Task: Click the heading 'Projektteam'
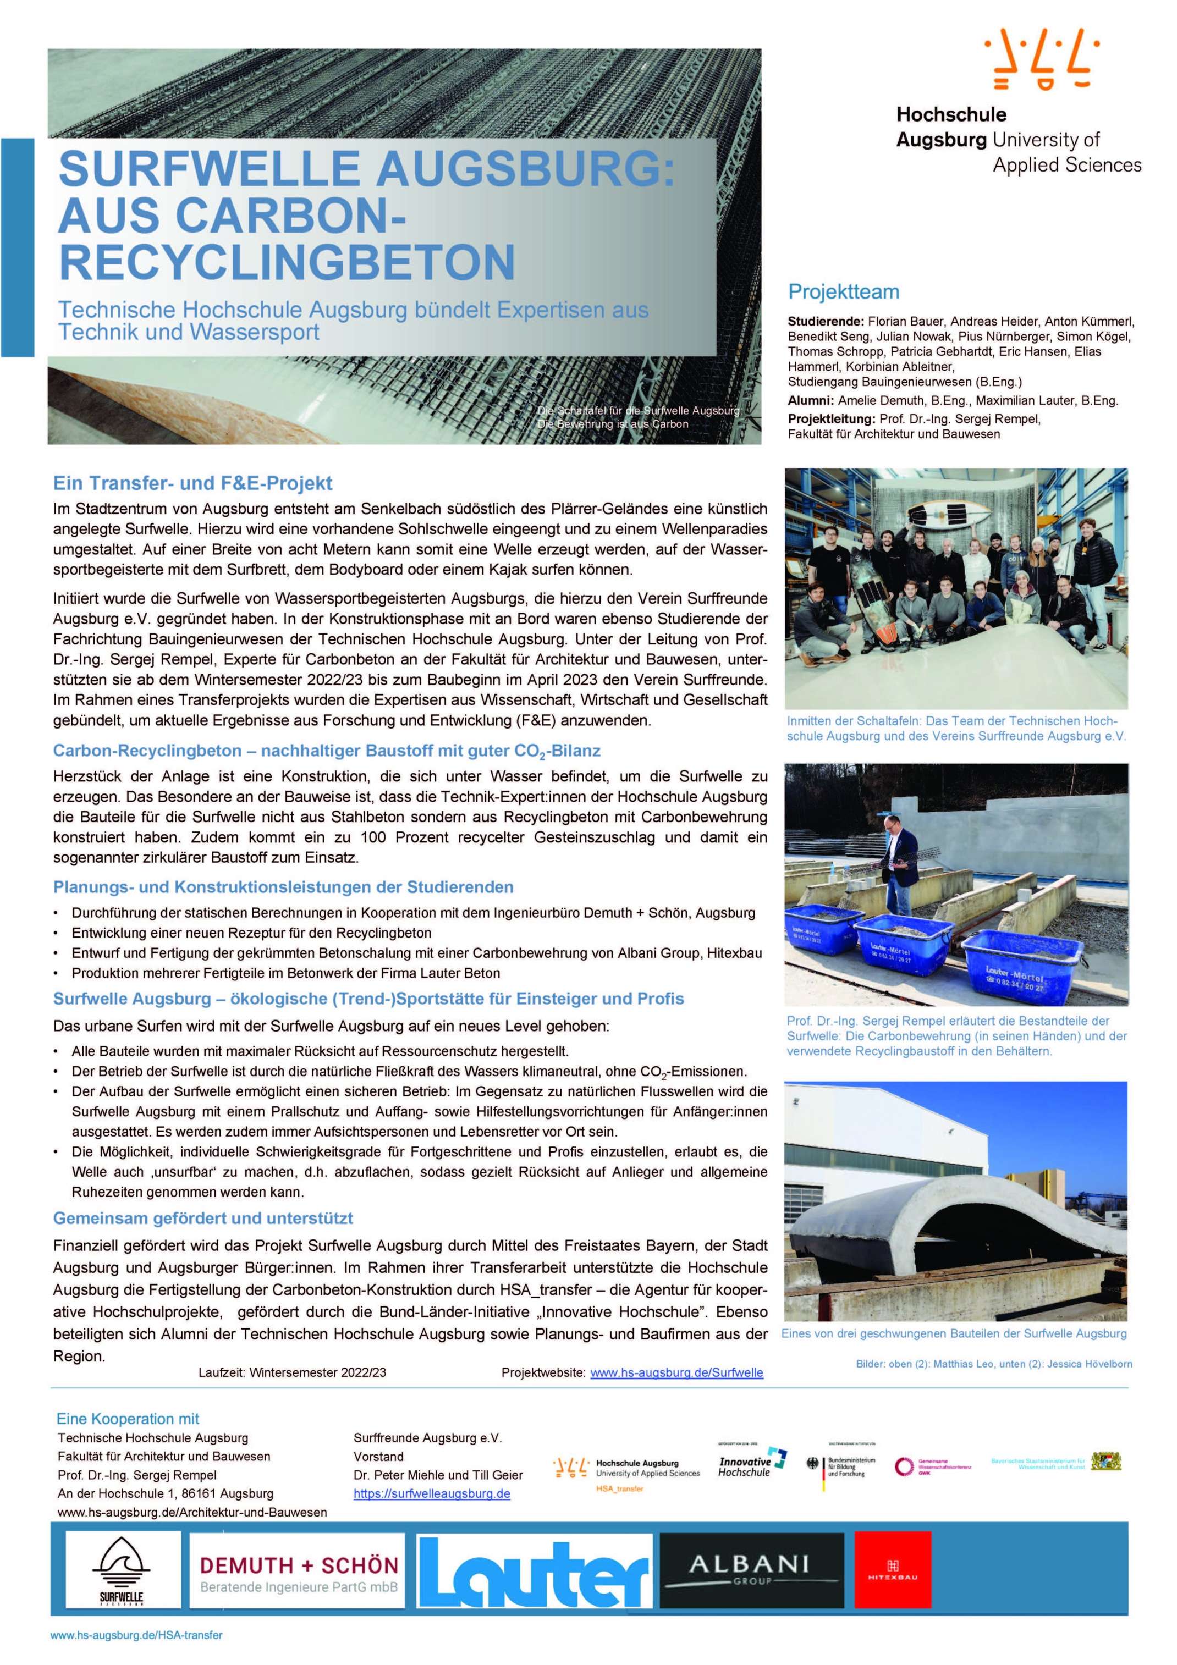(843, 292)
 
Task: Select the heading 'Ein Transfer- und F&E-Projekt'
(193, 483)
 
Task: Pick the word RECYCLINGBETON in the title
(287, 261)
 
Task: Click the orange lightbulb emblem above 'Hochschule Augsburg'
(1041, 59)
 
